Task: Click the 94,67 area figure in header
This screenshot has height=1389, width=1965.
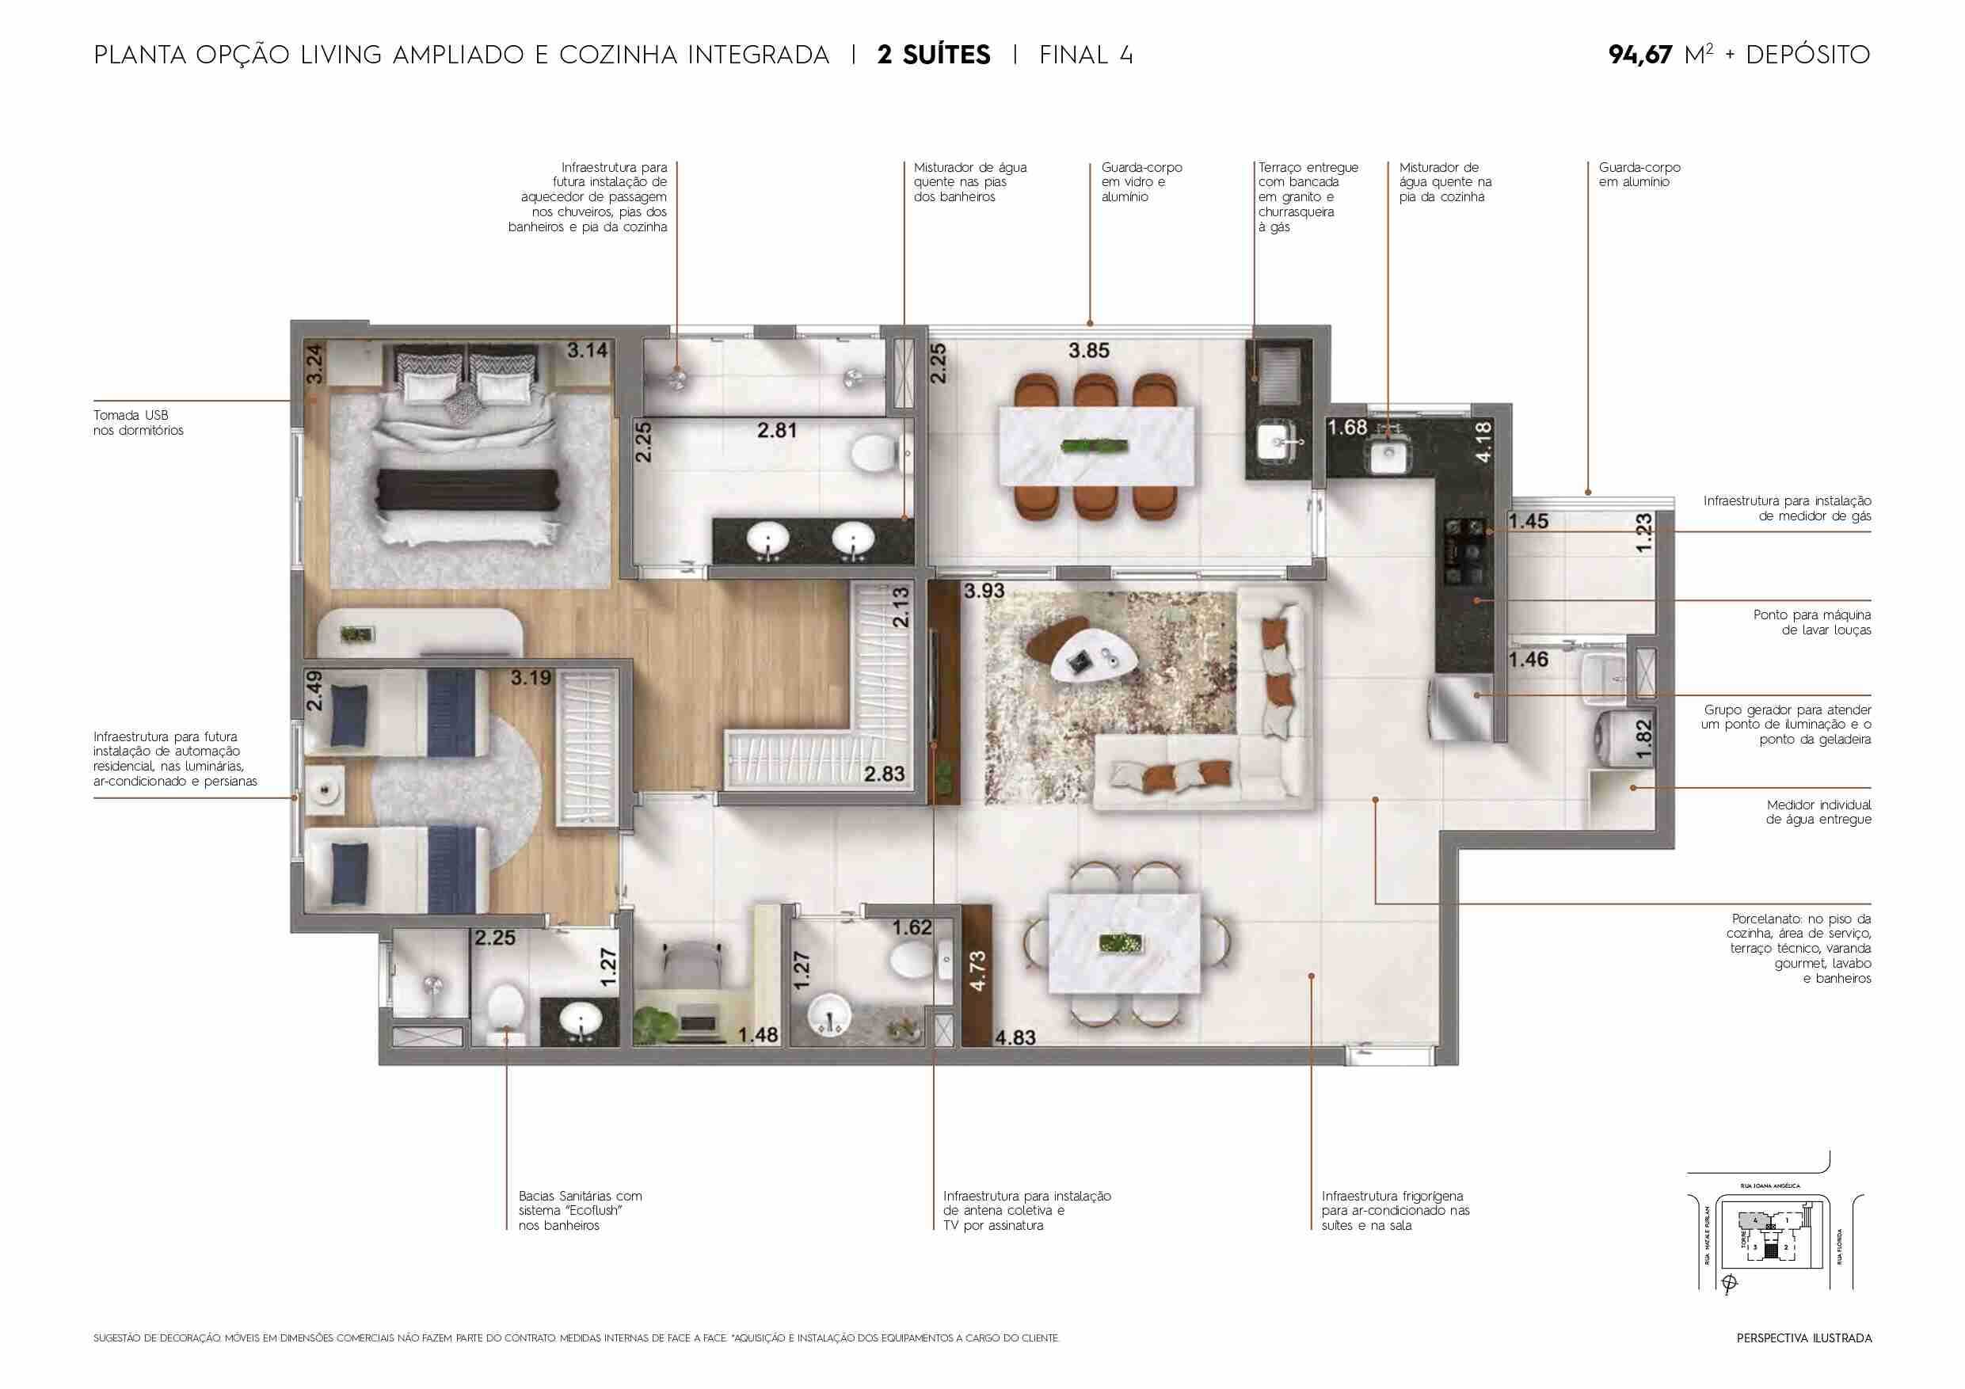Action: coord(1639,55)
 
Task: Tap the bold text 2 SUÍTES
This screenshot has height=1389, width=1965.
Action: coord(934,55)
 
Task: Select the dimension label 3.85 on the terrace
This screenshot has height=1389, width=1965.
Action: coord(1088,350)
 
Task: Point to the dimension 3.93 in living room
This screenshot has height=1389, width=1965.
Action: coord(984,591)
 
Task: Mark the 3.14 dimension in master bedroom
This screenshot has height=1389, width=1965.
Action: coord(587,349)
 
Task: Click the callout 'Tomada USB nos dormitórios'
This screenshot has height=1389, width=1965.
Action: coord(139,423)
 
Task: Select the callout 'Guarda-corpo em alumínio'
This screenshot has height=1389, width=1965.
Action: coord(1639,174)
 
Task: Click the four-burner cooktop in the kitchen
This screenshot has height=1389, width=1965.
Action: coord(1465,542)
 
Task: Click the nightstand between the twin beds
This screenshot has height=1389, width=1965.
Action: coord(326,792)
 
